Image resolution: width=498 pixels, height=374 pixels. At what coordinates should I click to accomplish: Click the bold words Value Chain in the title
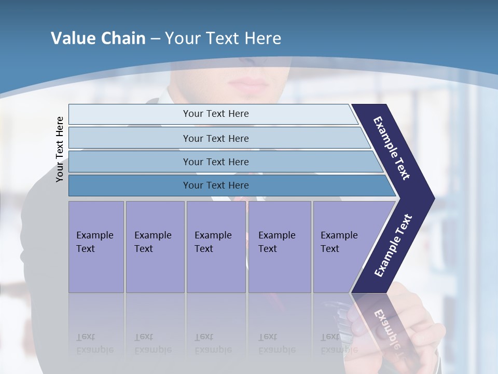coord(98,38)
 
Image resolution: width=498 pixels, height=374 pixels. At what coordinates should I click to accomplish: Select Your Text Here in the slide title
coord(223,38)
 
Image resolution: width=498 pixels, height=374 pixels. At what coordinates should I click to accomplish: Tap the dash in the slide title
coord(155,39)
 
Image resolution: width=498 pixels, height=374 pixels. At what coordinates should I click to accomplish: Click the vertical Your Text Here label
coord(60,149)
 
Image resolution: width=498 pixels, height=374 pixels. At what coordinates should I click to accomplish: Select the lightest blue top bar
coord(215,114)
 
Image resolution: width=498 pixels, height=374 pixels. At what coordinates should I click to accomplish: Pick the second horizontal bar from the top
coord(215,138)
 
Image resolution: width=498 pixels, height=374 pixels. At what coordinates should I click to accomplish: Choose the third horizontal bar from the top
coord(215,162)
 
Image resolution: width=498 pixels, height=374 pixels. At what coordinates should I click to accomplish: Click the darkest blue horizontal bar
coord(215,185)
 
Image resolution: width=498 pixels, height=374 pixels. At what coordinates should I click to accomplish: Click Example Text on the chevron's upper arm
coord(392,148)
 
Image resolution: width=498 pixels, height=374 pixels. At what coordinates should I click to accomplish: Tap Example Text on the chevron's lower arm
coord(393,246)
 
